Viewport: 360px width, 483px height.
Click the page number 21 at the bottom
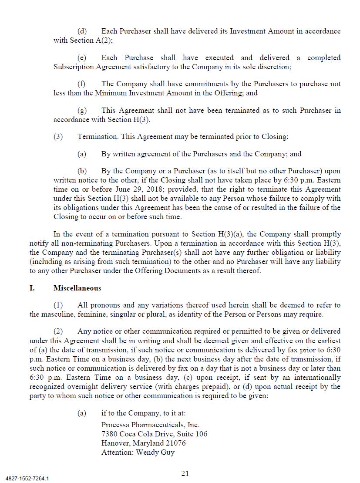point(185,473)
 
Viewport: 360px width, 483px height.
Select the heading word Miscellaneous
point(77,288)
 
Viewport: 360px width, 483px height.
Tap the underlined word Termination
point(97,136)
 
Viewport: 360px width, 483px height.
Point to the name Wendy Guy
point(155,452)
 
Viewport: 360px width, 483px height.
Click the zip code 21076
point(175,443)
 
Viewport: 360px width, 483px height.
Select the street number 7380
point(109,434)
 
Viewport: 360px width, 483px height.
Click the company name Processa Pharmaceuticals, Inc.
point(150,425)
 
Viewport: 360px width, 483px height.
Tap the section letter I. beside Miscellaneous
point(32,288)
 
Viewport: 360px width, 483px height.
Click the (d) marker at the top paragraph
point(82,31)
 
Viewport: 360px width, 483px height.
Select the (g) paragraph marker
point(82,110)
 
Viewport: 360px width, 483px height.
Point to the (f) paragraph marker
point(81,84)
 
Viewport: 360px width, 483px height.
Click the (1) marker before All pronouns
point(58,305)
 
